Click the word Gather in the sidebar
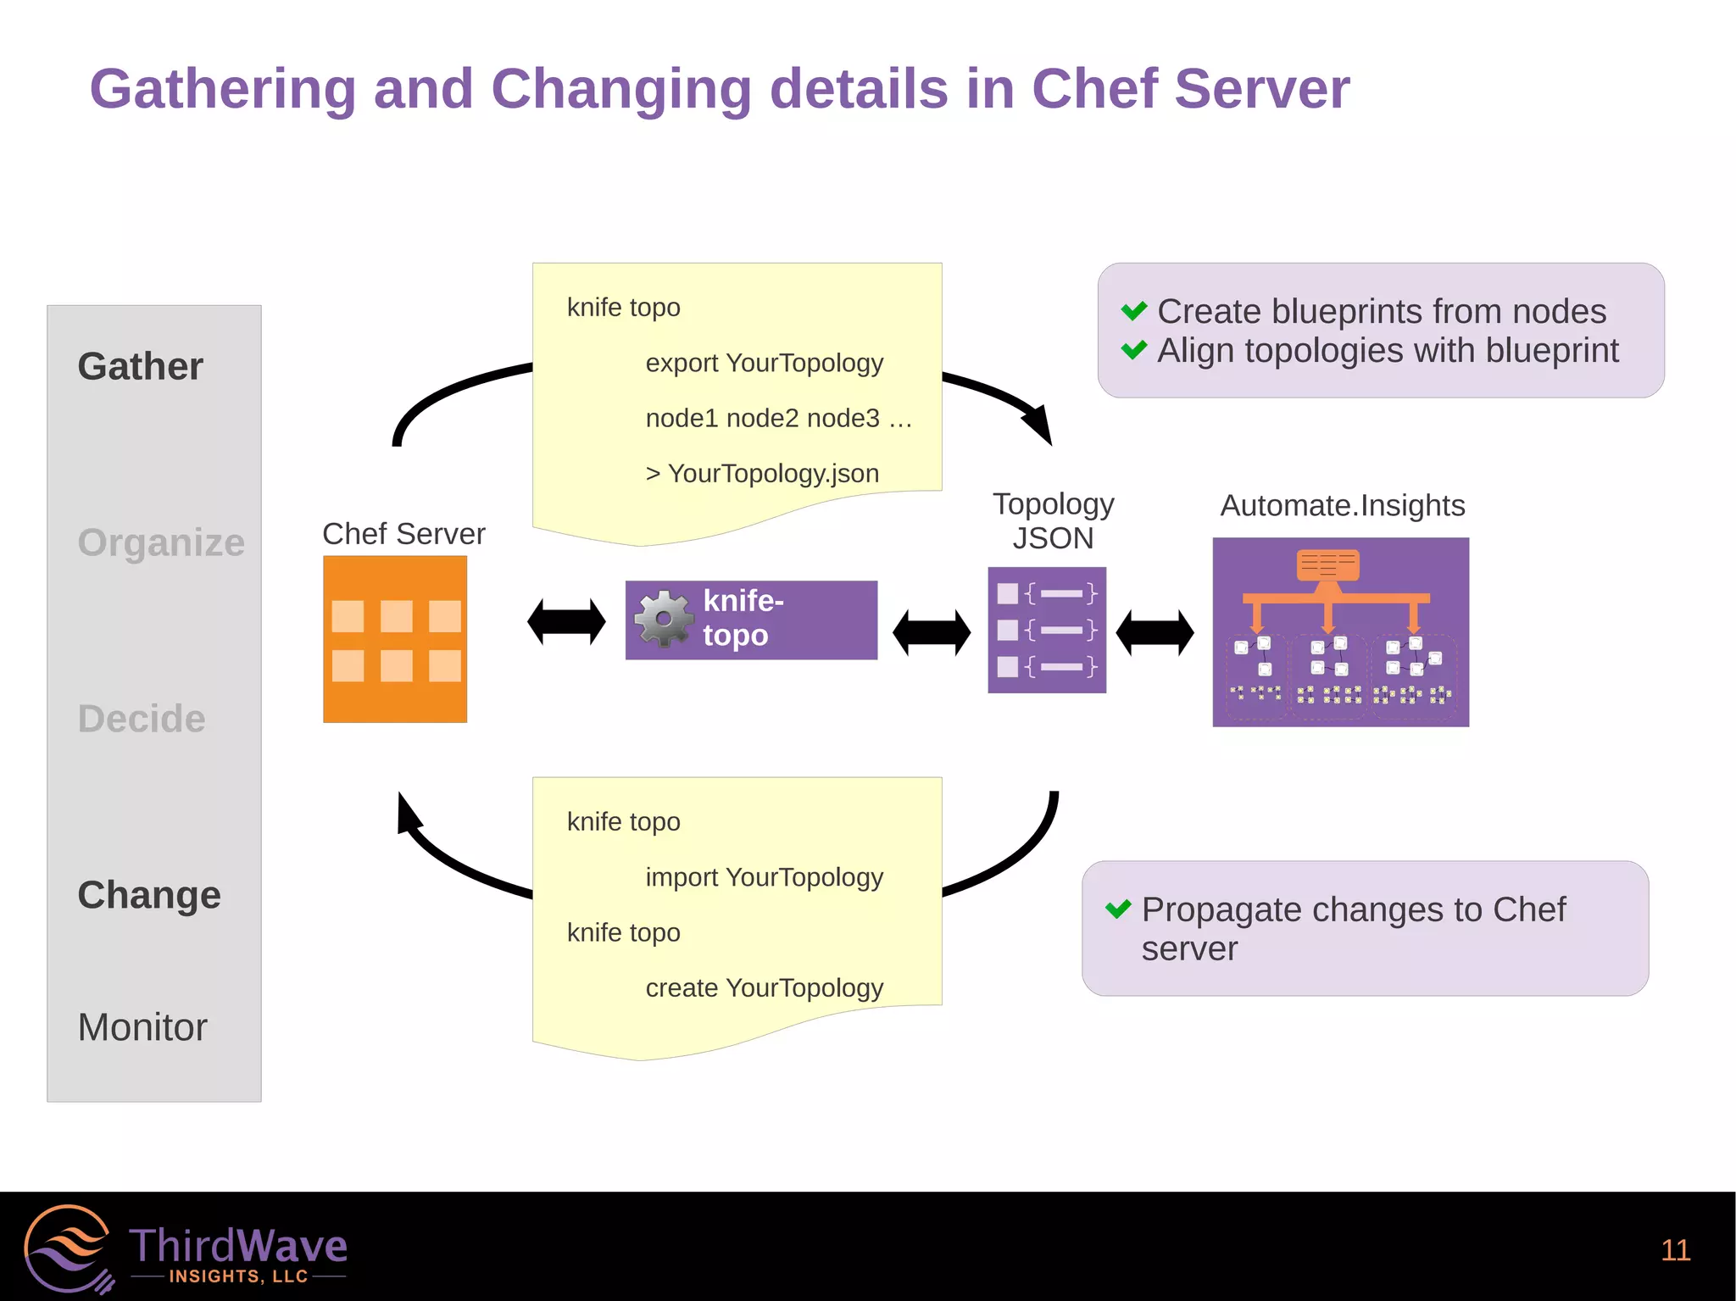tap(141, 367)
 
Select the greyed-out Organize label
tap(161, 542)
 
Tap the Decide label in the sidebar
tap(142, 719)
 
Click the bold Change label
tap(149, 895)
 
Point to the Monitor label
tap(142, 1027)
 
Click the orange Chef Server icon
tap(395, 639)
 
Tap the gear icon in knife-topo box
tap(664, 620)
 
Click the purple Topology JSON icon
tap(1047, 630)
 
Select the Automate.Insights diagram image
tap(1340, 631)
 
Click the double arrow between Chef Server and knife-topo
tap(566, 622)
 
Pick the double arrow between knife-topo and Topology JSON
tap(932, 632)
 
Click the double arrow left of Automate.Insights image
tap(1155, 632)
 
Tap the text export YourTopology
tap(764, 363)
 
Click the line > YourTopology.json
tap(762, 473)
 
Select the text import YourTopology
tap(764, 877)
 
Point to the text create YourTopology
tap(764, 987)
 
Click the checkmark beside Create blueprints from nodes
tap(1133, 311)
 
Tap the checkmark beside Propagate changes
tap(1118, 909)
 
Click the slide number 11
tap(1675, 1250)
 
